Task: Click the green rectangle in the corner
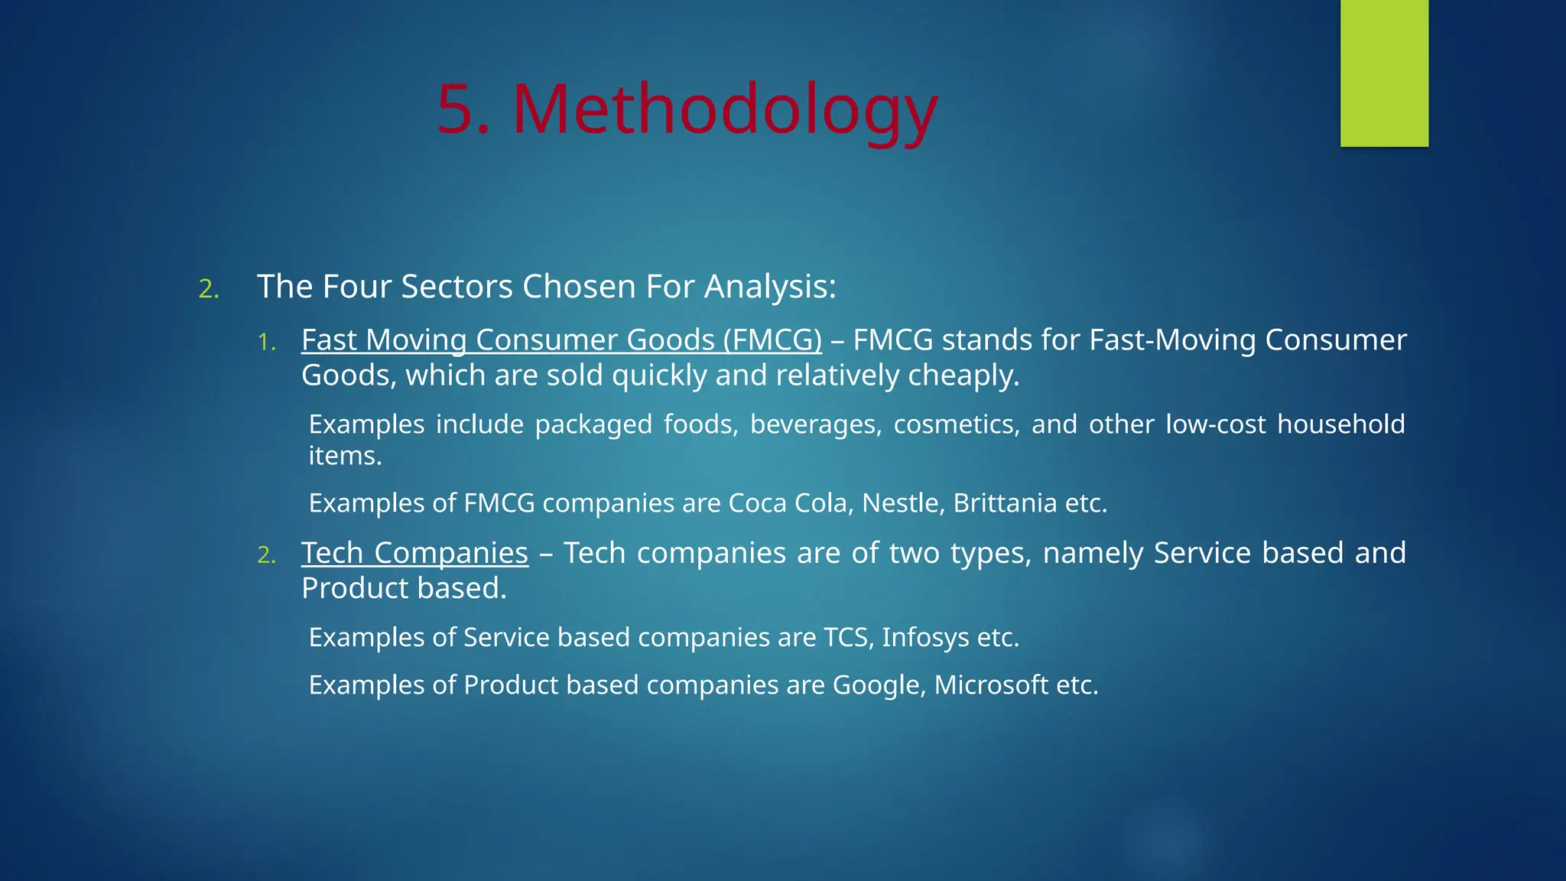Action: [x=1384, y=73]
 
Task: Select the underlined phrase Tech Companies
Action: [x=414, y=553]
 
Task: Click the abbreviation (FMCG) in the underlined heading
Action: [x=772, y=340]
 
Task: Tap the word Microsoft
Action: [x=991, y=685]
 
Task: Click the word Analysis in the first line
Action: [x=769, y=288]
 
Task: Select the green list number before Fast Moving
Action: [x=266, y=342]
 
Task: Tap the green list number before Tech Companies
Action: [x=266, y=555]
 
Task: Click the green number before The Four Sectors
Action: [x=208, y=289]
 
